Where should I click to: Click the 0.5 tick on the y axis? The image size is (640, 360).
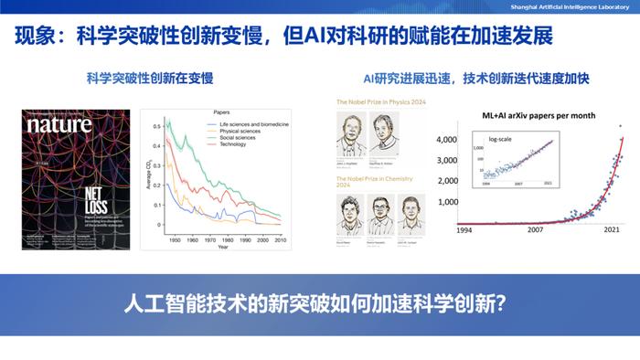tap(155, 124)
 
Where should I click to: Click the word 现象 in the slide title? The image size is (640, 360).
tap(37, 37)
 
